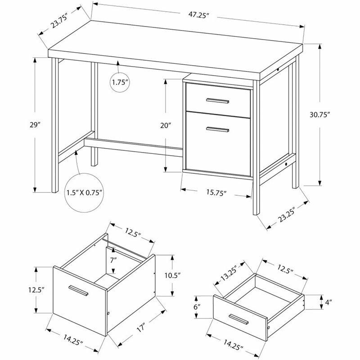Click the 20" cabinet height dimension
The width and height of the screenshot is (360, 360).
[x=166, y=125]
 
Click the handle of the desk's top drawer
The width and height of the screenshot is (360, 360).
[x=218, y=100]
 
